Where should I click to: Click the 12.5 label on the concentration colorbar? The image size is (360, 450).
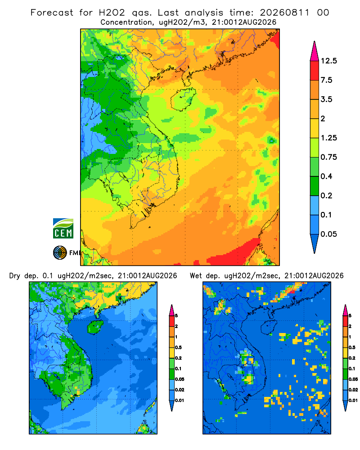[x=328, y=61]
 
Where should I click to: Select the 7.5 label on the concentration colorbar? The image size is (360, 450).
[x=326, y=80]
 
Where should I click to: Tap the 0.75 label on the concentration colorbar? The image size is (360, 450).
[x=328, y=157]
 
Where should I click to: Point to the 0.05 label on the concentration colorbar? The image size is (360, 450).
[x=328, y=234]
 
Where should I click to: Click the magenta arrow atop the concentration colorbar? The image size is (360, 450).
[x=315, y=51]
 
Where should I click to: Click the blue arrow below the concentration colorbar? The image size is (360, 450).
[x=315, y=243]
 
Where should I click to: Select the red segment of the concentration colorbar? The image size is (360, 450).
[x=315, y=71]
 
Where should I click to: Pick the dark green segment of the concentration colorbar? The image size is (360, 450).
[x=315, y=186]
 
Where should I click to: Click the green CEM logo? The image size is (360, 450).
[x=63, y=229]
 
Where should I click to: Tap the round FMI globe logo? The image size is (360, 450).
[x=60, y=253]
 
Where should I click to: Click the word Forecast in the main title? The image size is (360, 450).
[x=52, y=13]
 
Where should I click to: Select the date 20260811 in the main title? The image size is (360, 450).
[x=285, y=13]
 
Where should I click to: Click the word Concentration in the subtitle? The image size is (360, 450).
[x=126, y=22]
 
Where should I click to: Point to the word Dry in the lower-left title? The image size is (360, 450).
[x=15, y=276]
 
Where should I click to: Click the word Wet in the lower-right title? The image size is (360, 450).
[x=196, y=276]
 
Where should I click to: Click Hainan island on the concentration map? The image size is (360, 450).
[x=183, y=99]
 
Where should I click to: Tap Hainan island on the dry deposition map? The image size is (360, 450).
[x=95, y=327]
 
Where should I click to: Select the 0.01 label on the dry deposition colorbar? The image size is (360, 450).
[x=180, y=400]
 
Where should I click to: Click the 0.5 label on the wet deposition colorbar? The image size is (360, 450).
[x=352, y=347]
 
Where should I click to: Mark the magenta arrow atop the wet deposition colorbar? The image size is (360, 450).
[x=345, y=310]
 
